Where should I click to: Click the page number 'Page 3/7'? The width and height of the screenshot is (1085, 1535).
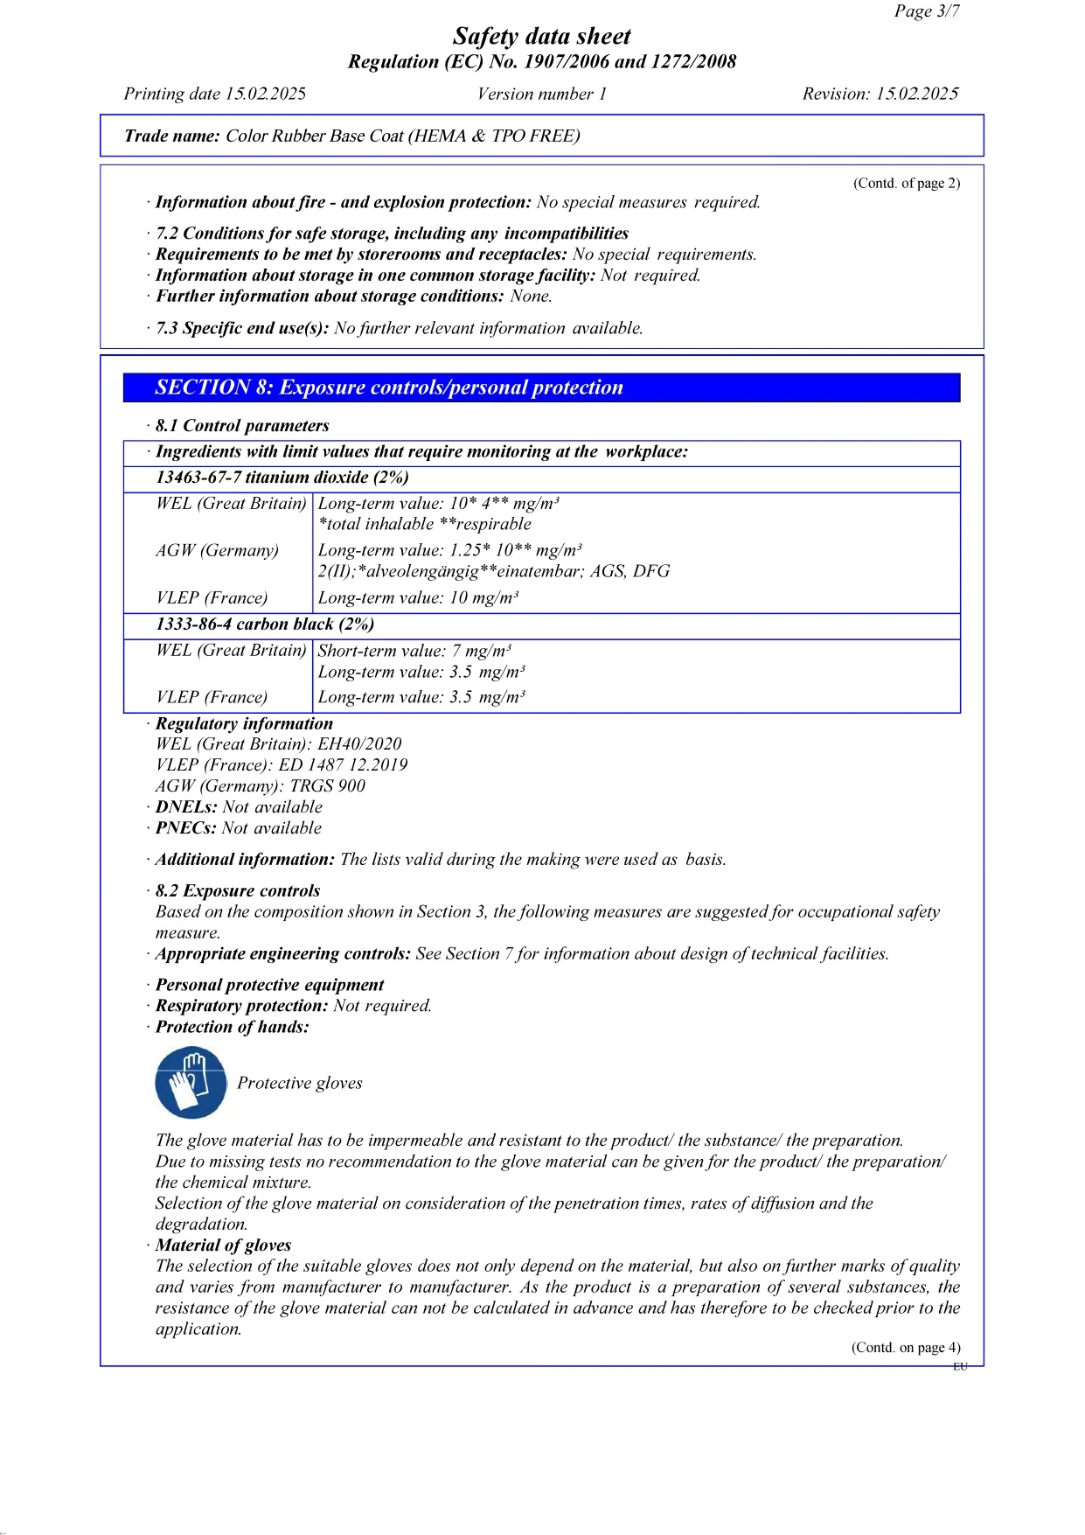point(926,11)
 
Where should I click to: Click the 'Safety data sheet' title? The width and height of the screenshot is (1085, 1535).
point(541,37)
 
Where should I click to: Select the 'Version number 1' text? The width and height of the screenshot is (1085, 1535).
point(541,94)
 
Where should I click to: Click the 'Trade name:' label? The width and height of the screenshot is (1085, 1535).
point(172,136)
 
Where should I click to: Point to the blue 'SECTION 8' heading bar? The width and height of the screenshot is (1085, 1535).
point(541,387)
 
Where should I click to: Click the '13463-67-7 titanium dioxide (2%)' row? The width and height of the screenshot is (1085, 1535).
point(282,478)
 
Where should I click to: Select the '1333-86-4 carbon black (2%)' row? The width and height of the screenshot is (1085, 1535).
point(265,624)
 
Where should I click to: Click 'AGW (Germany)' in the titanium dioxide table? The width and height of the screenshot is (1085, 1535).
point(217,551)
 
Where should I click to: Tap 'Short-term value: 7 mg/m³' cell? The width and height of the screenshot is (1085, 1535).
point(414,651)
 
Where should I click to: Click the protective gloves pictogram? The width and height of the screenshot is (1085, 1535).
point(191,1084)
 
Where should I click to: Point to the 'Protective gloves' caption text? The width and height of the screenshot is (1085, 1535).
point(299,1084)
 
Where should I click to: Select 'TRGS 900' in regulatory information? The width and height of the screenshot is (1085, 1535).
point(328,786)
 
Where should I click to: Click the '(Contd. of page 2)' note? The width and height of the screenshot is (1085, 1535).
point(907,184)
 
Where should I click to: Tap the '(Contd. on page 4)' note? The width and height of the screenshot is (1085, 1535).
point(906,1348)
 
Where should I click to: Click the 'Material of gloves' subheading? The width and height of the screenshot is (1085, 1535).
point(223,1245)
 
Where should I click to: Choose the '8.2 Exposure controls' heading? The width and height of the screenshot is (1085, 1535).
point(237,891)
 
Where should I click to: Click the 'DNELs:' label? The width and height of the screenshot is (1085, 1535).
point(186,807)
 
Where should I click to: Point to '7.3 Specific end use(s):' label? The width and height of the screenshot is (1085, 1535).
point(242,329)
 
